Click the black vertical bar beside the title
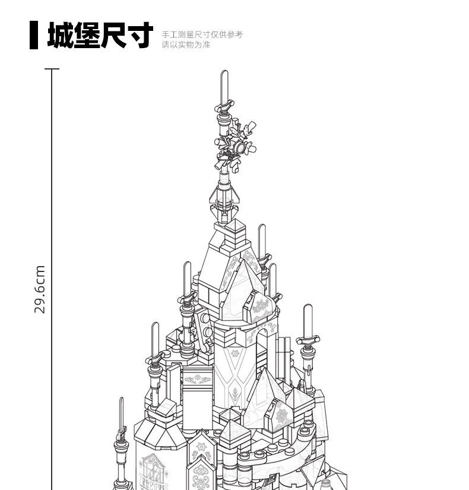click(34, 35)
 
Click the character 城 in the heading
click(61, 35)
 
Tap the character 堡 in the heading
click(87, 35)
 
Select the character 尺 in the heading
click(113, 35)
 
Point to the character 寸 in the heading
click(140, 35)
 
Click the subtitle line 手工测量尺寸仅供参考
click(202, 34)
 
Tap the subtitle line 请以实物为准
click(186, 45)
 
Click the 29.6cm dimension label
click(40, 289)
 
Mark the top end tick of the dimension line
click(52, 69)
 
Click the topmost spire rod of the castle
click(224, 87)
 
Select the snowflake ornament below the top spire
click(236, 146)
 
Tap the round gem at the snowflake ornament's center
click(240, 147)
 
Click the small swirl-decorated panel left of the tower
click(198, 379)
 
